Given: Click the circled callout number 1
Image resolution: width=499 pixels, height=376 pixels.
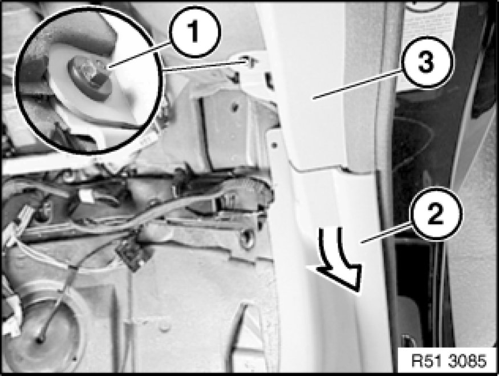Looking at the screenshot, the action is [195, 32].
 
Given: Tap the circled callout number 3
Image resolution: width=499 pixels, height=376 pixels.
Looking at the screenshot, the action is [427, 62].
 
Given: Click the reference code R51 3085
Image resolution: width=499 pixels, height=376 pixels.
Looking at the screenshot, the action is [449, 361].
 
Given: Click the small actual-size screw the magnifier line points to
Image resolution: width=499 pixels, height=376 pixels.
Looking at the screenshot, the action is [249, 62].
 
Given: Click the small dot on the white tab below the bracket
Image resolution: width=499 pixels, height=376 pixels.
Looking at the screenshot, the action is [274, 145].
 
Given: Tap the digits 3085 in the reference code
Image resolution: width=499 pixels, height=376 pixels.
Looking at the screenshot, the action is [468, 361].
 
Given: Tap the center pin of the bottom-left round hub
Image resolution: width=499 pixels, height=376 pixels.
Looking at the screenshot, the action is [39, 341].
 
